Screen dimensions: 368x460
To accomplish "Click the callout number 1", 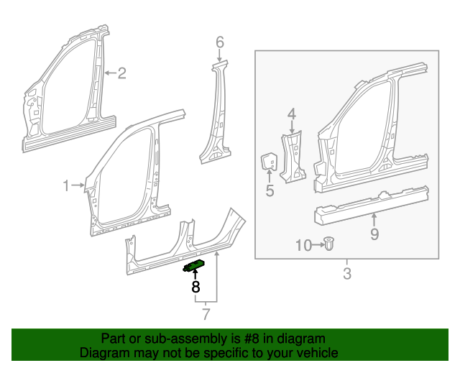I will pos(66,186).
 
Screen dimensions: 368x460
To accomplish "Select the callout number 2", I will pos(121,73).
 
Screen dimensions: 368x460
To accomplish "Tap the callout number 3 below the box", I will pos(346,273).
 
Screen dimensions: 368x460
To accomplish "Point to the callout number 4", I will pos(292,113).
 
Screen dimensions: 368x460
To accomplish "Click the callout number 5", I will pos(270,190).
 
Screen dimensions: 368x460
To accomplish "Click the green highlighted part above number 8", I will pos(194,265).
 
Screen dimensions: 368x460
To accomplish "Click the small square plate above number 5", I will pos(269,162).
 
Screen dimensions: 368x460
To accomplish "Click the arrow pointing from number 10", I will pos(316,246).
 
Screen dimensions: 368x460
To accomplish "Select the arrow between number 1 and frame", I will pos(79,186).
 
